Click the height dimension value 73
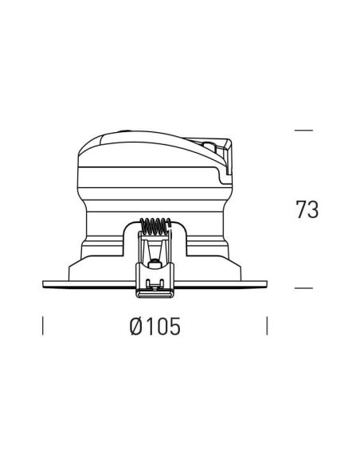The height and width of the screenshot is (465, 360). pos(307,209)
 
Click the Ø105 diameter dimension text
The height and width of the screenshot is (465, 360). pos(155,326)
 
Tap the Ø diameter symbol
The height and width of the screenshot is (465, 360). pos(136,326)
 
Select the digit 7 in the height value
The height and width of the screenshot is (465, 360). pos(301,209)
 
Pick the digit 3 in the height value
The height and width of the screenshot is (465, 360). pos(313,209)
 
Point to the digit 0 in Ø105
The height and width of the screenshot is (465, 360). pos(162,326)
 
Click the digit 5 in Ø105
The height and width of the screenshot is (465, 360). pos(174,326)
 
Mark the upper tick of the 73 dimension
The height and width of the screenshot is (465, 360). pos(303,131)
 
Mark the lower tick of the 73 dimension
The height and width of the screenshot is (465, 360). pos(303,288)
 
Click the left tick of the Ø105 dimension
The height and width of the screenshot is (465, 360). pos(43,326)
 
